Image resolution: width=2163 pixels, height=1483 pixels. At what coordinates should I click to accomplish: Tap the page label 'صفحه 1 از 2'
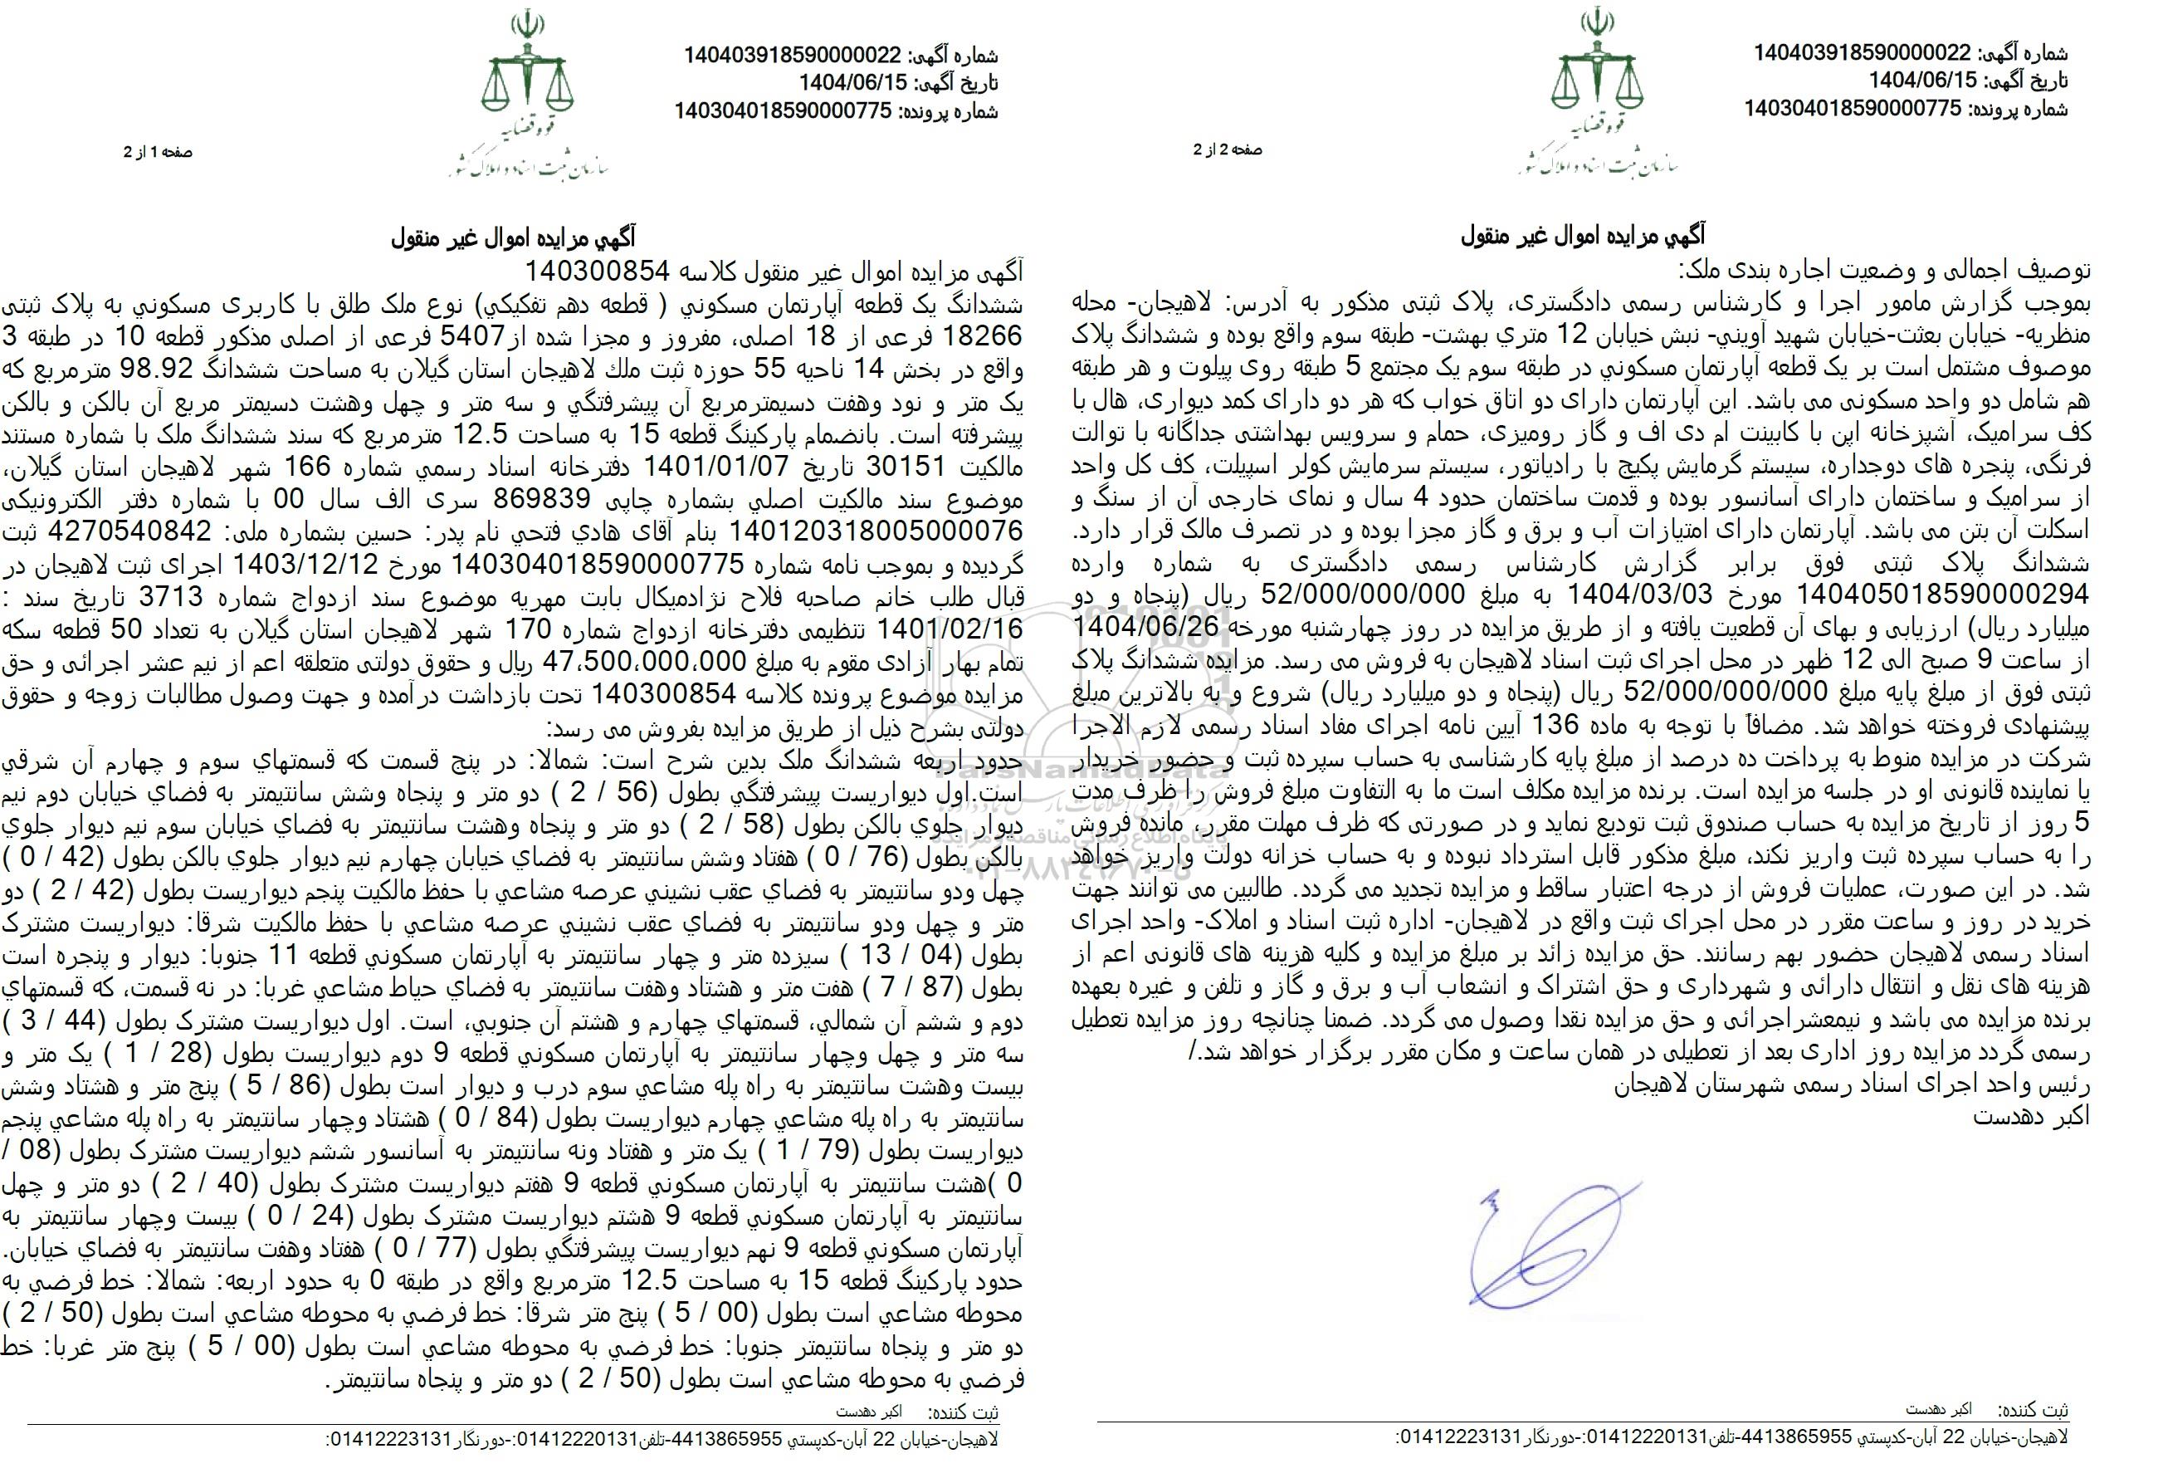[159, 151]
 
